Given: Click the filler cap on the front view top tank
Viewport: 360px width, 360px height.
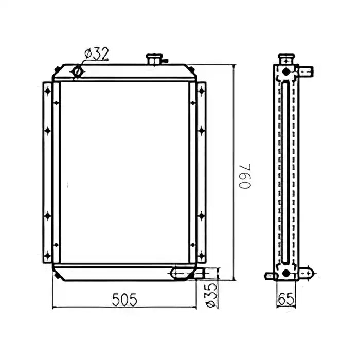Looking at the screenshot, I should click(x=153, y=59).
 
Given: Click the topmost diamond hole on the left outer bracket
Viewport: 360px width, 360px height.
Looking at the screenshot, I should click(x=48, y=92).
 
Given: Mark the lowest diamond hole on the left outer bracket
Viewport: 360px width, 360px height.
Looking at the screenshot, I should click(x=48, y=254).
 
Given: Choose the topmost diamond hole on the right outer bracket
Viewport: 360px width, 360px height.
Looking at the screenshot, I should click(x=201, y=92).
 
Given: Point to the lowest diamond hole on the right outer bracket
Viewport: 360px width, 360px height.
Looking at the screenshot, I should click(x=201, y=254).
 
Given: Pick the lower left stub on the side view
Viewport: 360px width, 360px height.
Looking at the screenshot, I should click(x=270, y=276).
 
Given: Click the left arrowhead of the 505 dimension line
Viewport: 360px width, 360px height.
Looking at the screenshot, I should click(x=55, y=308).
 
